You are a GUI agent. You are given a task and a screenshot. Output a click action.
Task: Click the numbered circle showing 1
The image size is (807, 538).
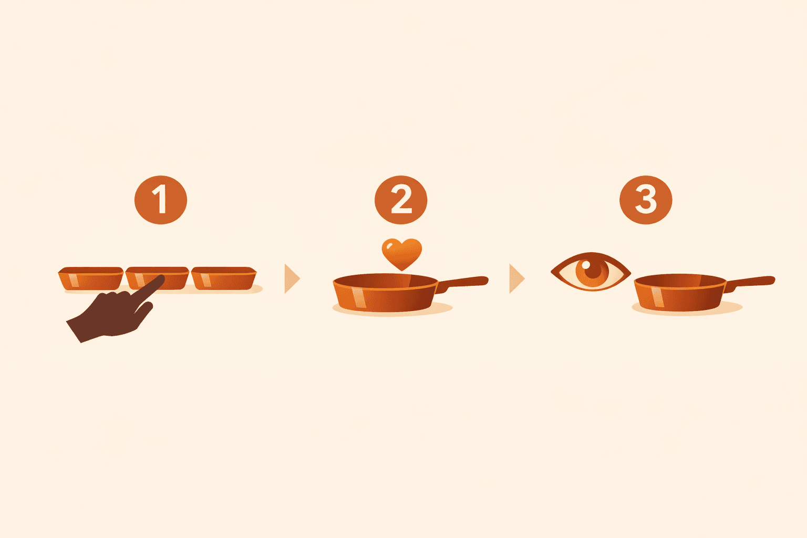point(161,200)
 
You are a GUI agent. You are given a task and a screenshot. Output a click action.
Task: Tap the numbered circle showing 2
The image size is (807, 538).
point(401,200)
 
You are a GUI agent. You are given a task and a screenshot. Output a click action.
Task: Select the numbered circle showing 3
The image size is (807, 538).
point(646,200)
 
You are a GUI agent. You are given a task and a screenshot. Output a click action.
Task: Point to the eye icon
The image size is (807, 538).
point(591,272)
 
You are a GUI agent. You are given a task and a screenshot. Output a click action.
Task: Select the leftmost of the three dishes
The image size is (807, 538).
point(90,278)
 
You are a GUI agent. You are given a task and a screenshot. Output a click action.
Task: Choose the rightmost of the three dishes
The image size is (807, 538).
point(224,278)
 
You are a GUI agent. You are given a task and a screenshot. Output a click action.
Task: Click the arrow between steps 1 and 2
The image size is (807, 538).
point(292,279)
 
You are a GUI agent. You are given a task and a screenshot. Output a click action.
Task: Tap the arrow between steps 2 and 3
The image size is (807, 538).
point(516,279)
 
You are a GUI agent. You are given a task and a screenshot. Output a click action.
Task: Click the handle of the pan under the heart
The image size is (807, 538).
point(465,282)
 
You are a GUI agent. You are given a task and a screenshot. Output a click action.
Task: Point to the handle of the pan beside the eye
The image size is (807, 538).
point(751,282)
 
